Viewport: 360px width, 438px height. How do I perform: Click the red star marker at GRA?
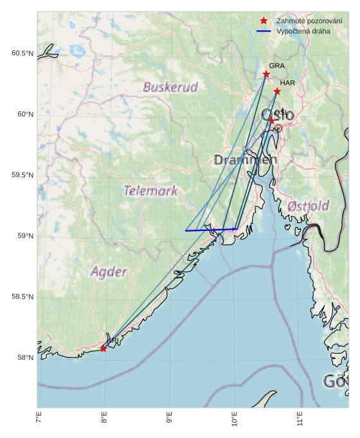[266, 75]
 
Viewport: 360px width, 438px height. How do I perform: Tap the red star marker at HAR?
[277, 91]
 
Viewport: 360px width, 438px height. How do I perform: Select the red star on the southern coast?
[104, 349]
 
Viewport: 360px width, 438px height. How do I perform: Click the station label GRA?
[276, 66]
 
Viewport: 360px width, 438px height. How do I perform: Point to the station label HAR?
[287, 83]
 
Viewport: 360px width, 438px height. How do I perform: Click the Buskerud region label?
[170, 87]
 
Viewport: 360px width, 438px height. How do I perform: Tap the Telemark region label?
[150, 190]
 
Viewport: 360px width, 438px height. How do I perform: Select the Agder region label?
[109, 271]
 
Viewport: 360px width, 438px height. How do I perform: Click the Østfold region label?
[309, 206]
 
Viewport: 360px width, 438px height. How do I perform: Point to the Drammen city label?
[245, 160]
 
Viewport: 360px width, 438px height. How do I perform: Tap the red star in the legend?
[264, 21]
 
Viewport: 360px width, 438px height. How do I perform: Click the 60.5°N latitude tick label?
[22, 53]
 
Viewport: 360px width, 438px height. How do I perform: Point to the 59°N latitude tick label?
[24, 236]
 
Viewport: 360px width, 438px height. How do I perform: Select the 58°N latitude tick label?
[24, 358]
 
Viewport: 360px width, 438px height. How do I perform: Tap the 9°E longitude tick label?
[169, 421]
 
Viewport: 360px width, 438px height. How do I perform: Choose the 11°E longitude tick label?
[300, 421]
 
